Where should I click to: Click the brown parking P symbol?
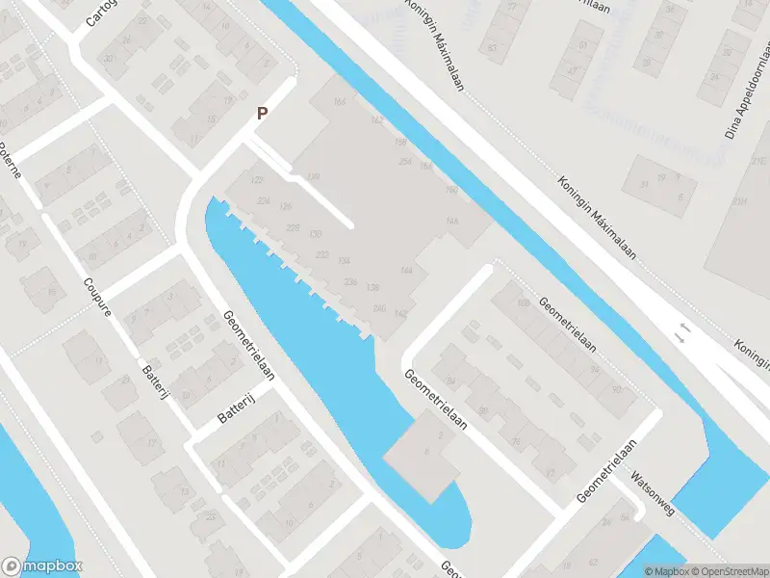click(261, 114)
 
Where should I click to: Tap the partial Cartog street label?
click(100, 12)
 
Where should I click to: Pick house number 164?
click(338, 103)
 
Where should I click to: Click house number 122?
click(257, 181)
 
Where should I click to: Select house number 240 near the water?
click(379, 308)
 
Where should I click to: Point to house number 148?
click(452, 222)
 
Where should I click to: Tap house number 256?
click(405, 162)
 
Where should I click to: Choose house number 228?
click(294, 227)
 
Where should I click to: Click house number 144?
click(407, 272)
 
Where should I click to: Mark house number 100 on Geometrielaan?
click(524, 304)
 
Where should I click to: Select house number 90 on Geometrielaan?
click(615, 389)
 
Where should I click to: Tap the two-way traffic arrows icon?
click(682, 333)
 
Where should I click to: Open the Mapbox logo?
click(41, 566)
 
